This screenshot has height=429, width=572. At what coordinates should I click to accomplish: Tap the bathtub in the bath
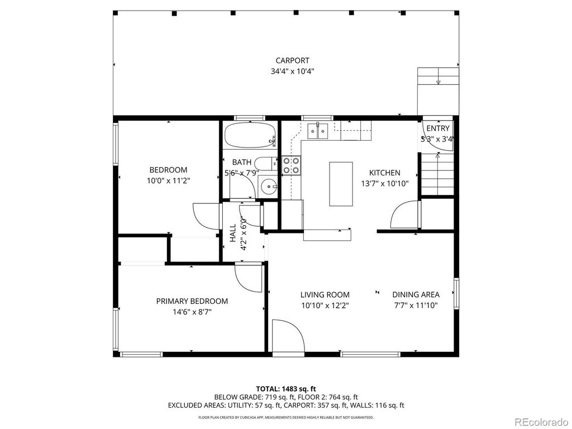point(250,135)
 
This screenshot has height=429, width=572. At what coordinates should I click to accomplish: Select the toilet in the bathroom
point(267,164)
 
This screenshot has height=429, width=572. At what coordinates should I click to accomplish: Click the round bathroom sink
point(269,187)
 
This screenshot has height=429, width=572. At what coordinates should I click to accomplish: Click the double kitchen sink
point(318,131)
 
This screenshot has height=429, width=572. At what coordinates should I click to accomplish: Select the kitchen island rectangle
point(341,184)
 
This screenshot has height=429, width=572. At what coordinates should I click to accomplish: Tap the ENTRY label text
point(438,128)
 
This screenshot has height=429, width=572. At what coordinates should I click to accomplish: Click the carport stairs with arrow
point(438,77)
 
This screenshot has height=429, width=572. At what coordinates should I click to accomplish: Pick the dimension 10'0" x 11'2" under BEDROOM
point(168,180)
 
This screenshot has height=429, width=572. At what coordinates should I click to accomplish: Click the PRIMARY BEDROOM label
point(192,301)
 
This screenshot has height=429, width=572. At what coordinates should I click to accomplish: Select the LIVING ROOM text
point(325,295)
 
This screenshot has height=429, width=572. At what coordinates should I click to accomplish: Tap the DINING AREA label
point(416,294)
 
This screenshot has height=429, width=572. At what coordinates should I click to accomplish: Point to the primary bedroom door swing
point(248,278)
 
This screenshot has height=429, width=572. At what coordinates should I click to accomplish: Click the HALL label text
point(232,233)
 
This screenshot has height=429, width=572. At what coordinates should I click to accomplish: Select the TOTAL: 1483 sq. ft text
point(286,389)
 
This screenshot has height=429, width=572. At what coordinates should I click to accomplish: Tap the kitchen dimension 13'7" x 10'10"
point(384,183)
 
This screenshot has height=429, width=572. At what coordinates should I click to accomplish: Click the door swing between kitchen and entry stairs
point(405,217)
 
